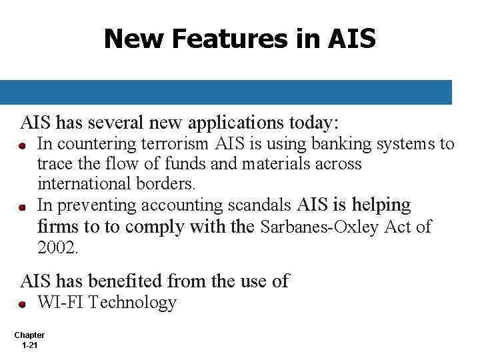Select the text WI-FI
pyautogui.click(x=61, y=303)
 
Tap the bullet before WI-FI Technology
pyautogui.click(x=22, y=304)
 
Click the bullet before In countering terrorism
pyautogui.click(x=22, y=145)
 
